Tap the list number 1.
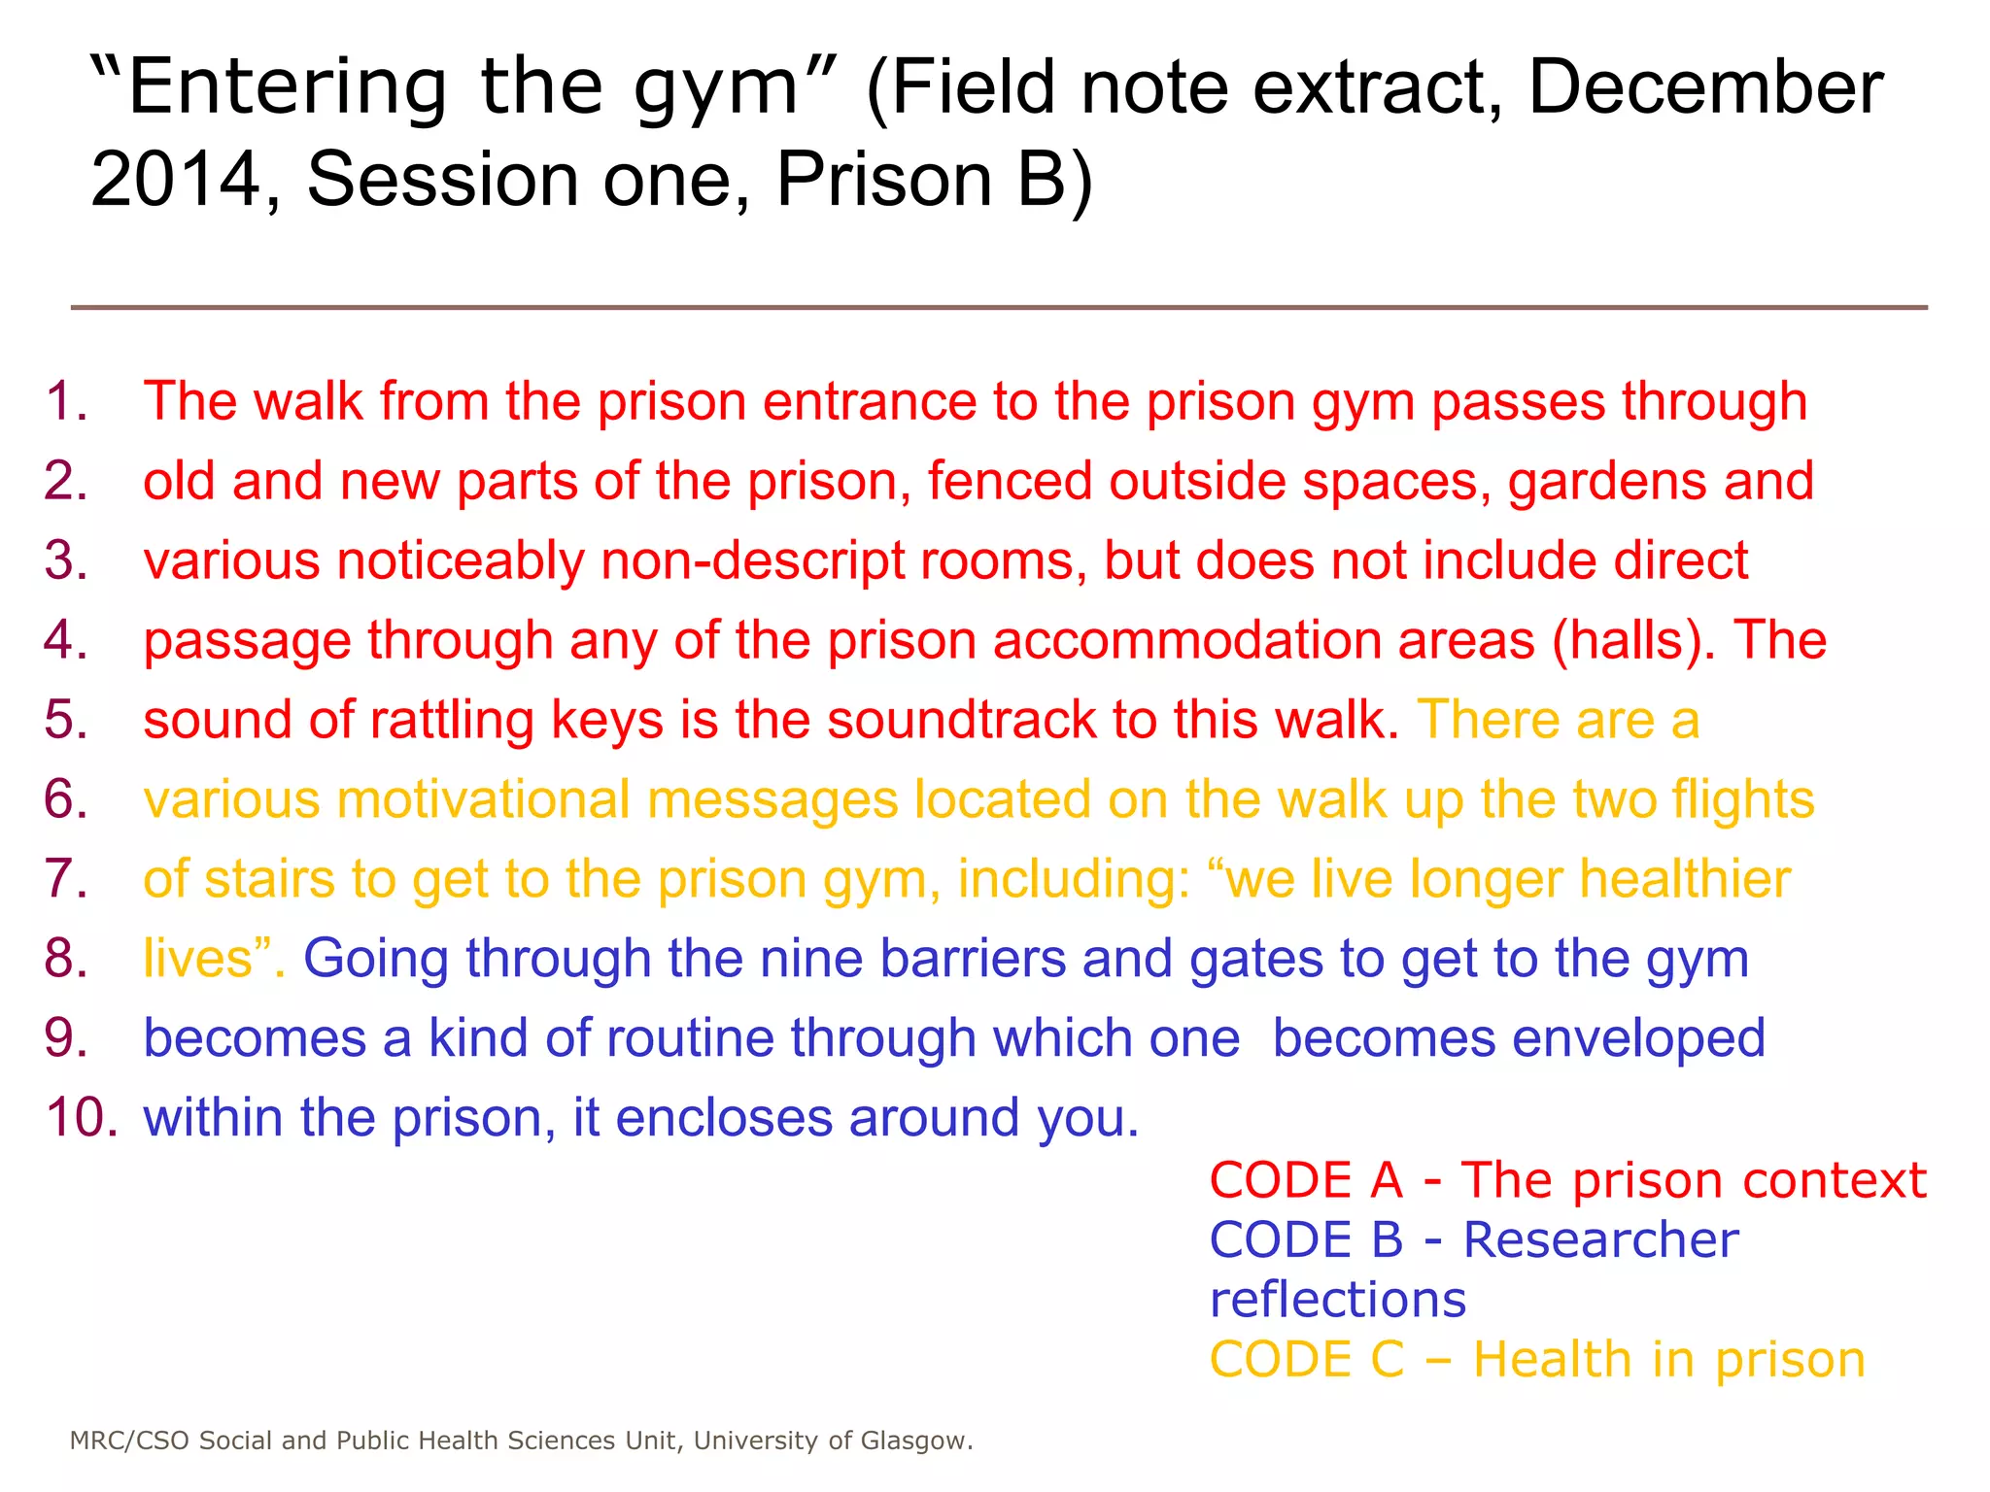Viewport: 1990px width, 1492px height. point(66,401)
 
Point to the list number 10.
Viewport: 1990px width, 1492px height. point(82,1117)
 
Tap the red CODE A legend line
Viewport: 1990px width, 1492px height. point(1567,1180)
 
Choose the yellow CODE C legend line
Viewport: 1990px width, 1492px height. point(1537,1359)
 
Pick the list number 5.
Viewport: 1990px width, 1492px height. point(66,720)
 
